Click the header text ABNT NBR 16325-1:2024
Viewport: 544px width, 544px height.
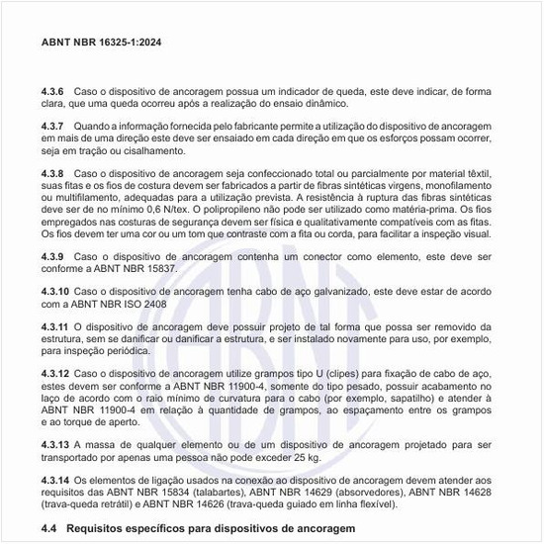pos(102,44)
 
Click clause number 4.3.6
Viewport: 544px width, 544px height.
pos(53,92)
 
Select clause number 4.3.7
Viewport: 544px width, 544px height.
pos(53,127)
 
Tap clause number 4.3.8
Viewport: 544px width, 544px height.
pos(53,174)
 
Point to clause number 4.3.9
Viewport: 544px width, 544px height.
pos(53,257)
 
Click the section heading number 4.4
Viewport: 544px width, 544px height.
pos(50,530)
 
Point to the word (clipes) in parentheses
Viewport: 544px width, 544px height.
pos(333,373)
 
